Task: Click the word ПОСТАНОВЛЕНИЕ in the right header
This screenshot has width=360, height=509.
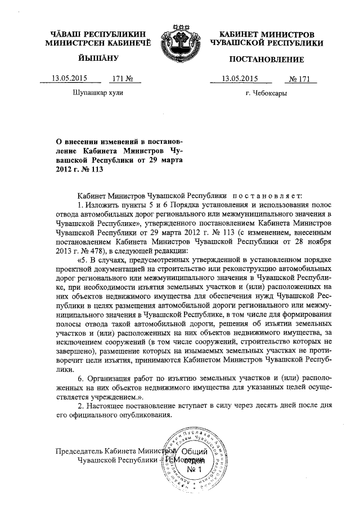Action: point(267,60)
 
